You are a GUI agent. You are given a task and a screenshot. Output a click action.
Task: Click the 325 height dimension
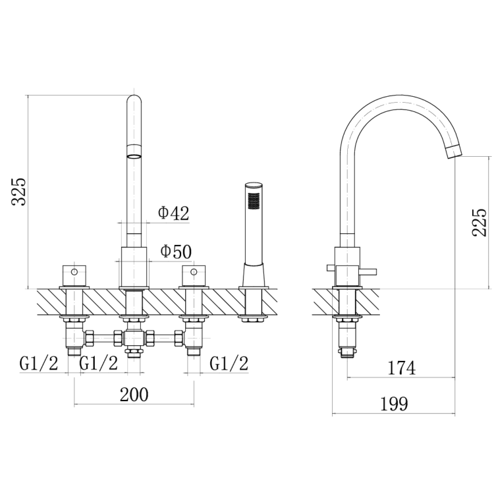18,192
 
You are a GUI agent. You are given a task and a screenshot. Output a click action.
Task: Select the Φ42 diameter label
174,213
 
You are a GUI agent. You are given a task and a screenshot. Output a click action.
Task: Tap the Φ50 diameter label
176,252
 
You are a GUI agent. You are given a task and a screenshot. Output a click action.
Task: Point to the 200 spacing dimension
134,395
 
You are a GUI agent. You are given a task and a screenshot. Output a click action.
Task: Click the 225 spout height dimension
480,222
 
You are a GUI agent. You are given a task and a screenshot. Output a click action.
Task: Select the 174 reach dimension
402,368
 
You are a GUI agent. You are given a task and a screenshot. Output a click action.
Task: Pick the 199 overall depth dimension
394,404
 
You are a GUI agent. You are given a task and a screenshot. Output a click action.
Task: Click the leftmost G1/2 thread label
39,364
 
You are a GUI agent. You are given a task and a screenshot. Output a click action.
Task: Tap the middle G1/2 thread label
99,364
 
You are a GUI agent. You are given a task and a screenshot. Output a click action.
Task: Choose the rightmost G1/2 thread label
229,364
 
